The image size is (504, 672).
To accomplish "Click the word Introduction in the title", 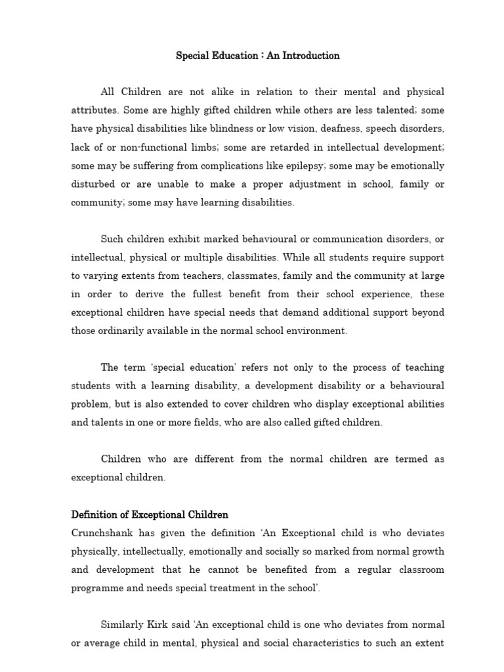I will (x=312, y=56).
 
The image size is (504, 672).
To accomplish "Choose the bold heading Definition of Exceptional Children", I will (x=150, y=514).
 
